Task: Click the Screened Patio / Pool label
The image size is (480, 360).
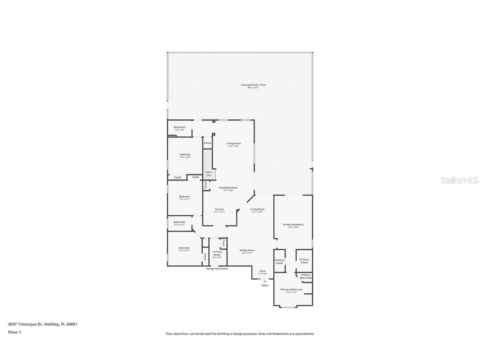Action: click(253, 85)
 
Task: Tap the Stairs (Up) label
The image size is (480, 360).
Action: click(209, 173)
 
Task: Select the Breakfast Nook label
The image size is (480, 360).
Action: click(228, 188)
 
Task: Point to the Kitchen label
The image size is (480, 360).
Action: click(219, 209)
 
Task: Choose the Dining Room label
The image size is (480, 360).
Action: click(247, 250)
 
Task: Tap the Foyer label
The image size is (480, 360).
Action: click(262, 271)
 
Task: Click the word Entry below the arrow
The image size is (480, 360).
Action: click(265, 285)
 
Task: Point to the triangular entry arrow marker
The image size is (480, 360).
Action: click(265, 281)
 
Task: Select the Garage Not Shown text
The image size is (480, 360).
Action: click(217, 269)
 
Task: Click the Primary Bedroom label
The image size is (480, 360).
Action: click(293, 225)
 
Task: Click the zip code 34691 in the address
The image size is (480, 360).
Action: click(72, 324)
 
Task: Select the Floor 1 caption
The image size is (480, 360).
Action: click(14, 332)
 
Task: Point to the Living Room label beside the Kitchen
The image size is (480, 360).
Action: click(257, 209)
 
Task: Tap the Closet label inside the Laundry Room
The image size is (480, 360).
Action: click(223, 243)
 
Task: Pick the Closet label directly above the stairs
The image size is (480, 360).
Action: click(207, 143)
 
